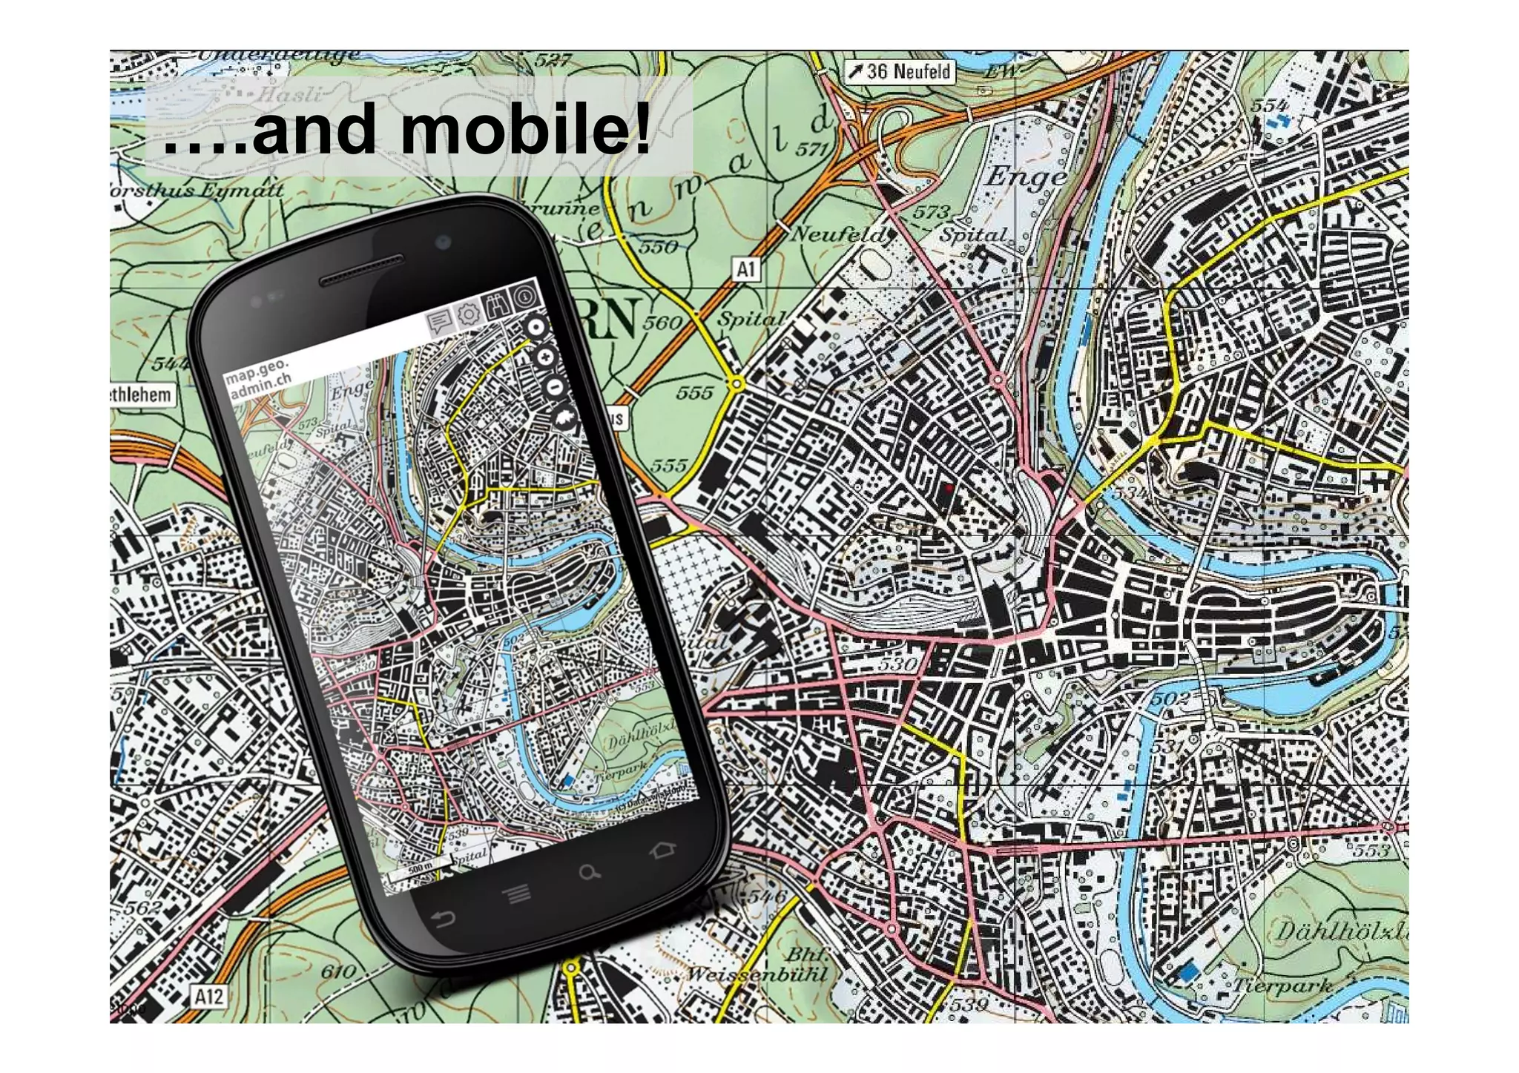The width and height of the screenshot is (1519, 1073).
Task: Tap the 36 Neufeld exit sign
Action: point(900,72)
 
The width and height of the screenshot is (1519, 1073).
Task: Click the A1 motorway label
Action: point(746,269)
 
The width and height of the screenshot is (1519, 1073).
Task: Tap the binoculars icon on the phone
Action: point(497,305)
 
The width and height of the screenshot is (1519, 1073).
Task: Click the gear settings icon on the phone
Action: point(468,314)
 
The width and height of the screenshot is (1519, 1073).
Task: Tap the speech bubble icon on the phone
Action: point(440,322)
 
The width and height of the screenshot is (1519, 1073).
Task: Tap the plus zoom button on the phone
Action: point(545,357)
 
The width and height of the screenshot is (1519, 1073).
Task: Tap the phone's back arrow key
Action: point(443,920)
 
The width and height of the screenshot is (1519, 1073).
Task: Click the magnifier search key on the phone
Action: point(590,873)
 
